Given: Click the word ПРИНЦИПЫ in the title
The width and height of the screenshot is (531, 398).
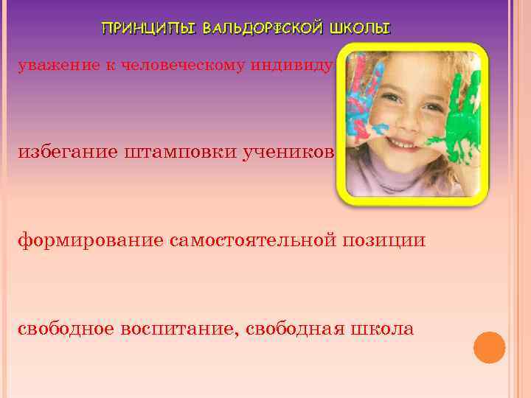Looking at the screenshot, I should (148, 29).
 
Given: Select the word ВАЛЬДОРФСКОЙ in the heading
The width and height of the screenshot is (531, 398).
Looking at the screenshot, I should (262, 29).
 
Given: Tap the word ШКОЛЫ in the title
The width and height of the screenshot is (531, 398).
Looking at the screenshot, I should (361, 29).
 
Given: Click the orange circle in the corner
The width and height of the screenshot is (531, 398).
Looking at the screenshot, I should (489, 347).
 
